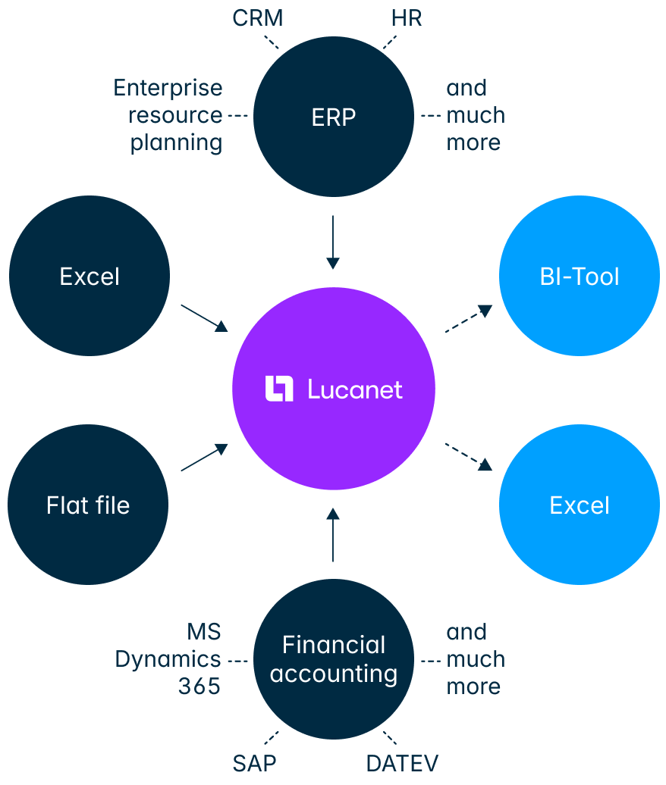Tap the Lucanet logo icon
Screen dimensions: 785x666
279,389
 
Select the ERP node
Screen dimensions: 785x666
334,117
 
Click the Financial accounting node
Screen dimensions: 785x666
334,659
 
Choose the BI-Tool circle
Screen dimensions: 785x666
580,277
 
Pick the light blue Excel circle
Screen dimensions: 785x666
580,505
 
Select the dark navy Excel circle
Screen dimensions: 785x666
90,277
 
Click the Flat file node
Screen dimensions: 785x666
88,505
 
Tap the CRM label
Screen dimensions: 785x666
257,18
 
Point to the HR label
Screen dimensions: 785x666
407,18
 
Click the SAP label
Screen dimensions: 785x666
255,762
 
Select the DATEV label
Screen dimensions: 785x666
402,762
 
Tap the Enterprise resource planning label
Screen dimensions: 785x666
168,115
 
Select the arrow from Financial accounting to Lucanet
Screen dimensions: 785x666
332,535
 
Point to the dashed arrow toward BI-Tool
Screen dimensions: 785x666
468,319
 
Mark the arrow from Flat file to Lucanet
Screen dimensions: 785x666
204,458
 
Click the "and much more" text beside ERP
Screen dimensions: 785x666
475,115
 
